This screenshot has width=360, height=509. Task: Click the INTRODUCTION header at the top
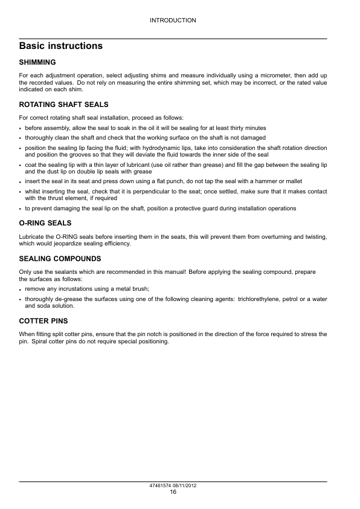(173, 21)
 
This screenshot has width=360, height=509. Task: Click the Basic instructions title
(60, 46)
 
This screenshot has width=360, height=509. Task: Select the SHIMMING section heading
(37, 62)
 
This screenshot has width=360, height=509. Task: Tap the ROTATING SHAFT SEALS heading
(64, 105)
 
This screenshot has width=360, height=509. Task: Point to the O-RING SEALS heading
(45, 223)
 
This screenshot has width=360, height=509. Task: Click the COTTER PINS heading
(43, 320)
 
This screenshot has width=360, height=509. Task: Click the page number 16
(173, 492)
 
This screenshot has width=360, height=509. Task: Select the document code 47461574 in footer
(161, 486)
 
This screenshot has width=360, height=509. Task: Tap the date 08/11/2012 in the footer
(186, 486)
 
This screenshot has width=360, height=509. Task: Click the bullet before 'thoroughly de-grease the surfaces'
(21, 300)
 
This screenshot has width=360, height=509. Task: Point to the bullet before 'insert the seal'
(21, 182)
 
